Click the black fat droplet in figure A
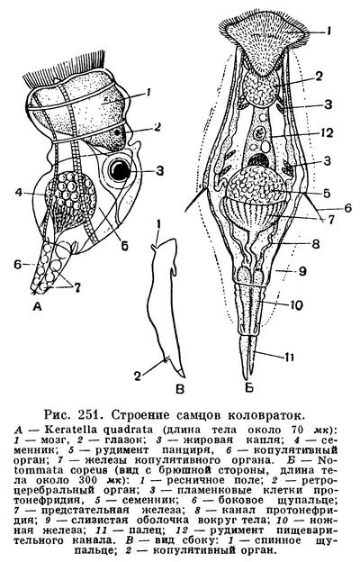coord(120,170)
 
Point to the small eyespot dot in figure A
coord(117,132)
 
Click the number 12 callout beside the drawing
coord(326,133)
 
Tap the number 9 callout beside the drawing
coord(302,271)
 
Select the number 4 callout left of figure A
coord(19,193)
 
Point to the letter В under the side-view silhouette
coord(180,388)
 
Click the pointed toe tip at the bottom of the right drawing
coord(246,379)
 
